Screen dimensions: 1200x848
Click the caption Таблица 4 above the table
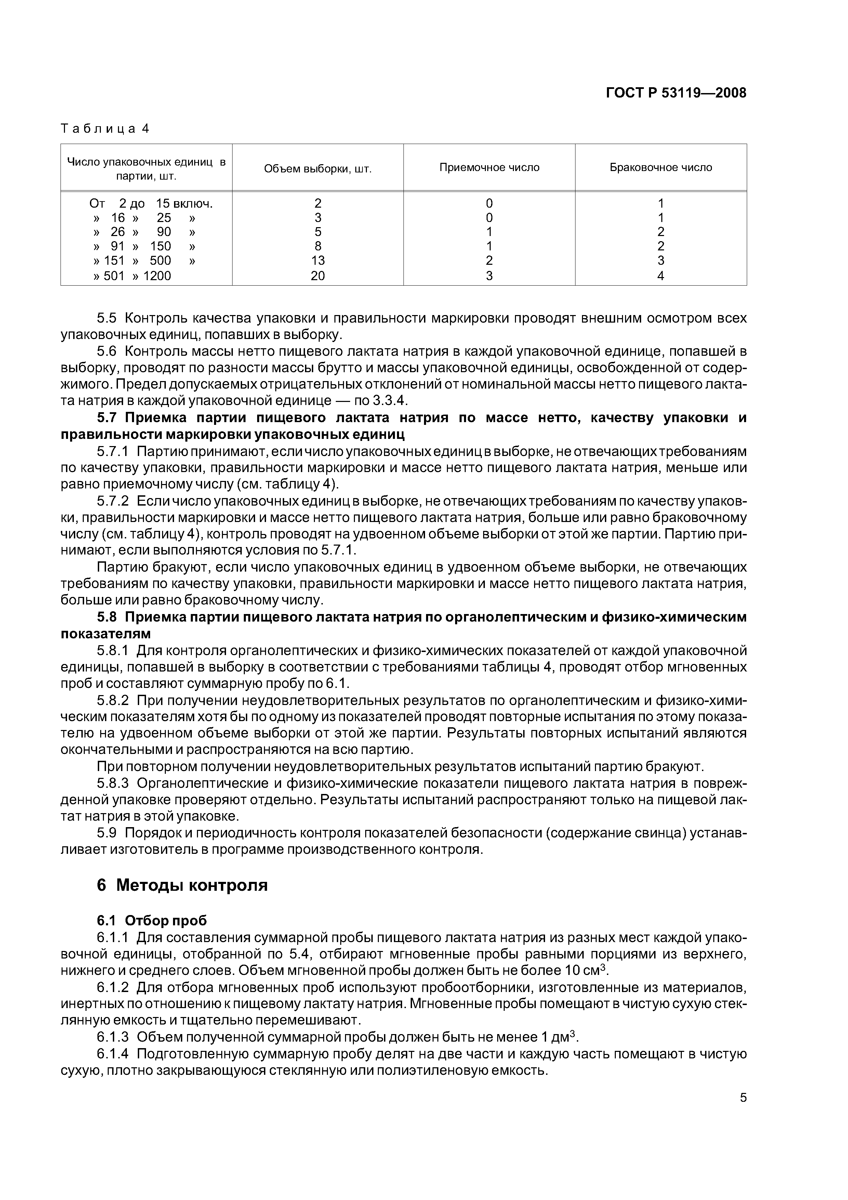[105, 129]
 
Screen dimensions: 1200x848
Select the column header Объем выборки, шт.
[318, 168]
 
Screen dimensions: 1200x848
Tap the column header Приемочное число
[489, 167]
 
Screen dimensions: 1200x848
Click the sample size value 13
[318, 260]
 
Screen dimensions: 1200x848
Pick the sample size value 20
[318, 275]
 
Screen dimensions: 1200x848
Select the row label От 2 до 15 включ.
[151, 203]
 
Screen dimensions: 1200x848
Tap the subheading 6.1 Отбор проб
[151, 921]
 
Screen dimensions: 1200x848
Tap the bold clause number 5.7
[109, 418]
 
